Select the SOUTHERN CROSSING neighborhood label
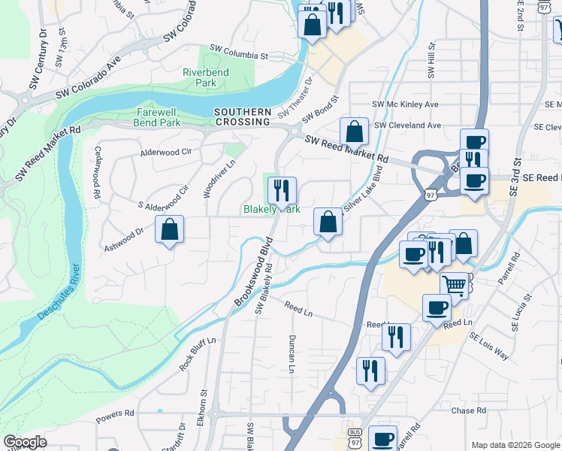[242, 117]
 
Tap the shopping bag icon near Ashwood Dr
[170, 229]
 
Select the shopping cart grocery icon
[454, 286]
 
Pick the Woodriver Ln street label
[210, 178]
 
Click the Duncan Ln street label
[291, 353]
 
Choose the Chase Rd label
[469, 411]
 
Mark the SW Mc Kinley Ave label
[405, 104]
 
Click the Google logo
[26, 442]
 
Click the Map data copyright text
[515, 444]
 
